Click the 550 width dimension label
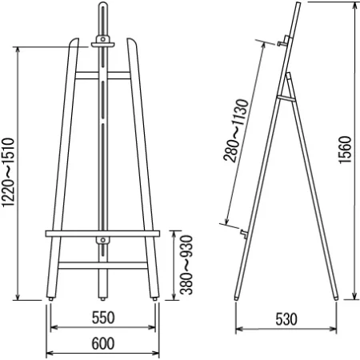[x=103, y=318]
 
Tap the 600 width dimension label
[x=103, y=343]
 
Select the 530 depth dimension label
[x=286, y=319]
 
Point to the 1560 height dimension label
[x=346, y=150]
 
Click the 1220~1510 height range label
[x=8, y=172]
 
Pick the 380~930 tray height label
[x=186, y=265]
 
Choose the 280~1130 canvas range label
[x=236, y=130]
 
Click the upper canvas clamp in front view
[x=103, y=42]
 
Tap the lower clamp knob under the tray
[x=103, y=240]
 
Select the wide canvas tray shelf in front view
[x=102, y=234]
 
